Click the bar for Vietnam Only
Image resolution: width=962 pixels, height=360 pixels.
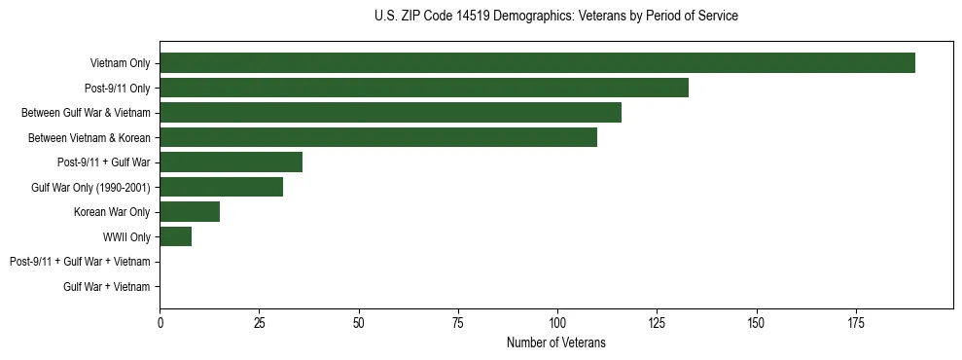537,63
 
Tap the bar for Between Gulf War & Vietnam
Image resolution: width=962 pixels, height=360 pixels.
390,113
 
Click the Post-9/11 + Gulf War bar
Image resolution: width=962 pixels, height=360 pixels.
231,162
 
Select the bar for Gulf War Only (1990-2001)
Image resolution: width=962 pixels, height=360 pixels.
221,187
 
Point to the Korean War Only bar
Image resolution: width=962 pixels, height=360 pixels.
190,212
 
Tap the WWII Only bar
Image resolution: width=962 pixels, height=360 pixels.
175,236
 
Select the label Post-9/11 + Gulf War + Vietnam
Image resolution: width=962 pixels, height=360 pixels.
80,262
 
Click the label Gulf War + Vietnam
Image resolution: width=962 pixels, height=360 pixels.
107,286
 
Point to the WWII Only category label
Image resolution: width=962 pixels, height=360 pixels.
126,236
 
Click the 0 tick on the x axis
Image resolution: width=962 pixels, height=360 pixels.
160,322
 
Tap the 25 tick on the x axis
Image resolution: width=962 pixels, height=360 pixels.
259,322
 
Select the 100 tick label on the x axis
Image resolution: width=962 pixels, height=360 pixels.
557,322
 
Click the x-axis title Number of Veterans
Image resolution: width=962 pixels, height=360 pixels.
555,342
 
